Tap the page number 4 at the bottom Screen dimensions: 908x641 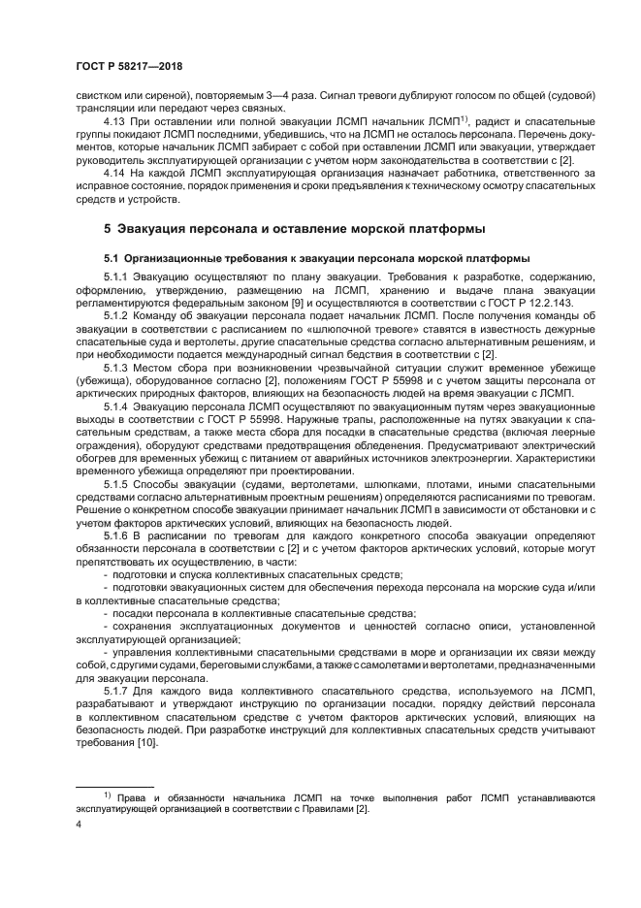click(79, 826)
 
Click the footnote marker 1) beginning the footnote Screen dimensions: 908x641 click(109, 794)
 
